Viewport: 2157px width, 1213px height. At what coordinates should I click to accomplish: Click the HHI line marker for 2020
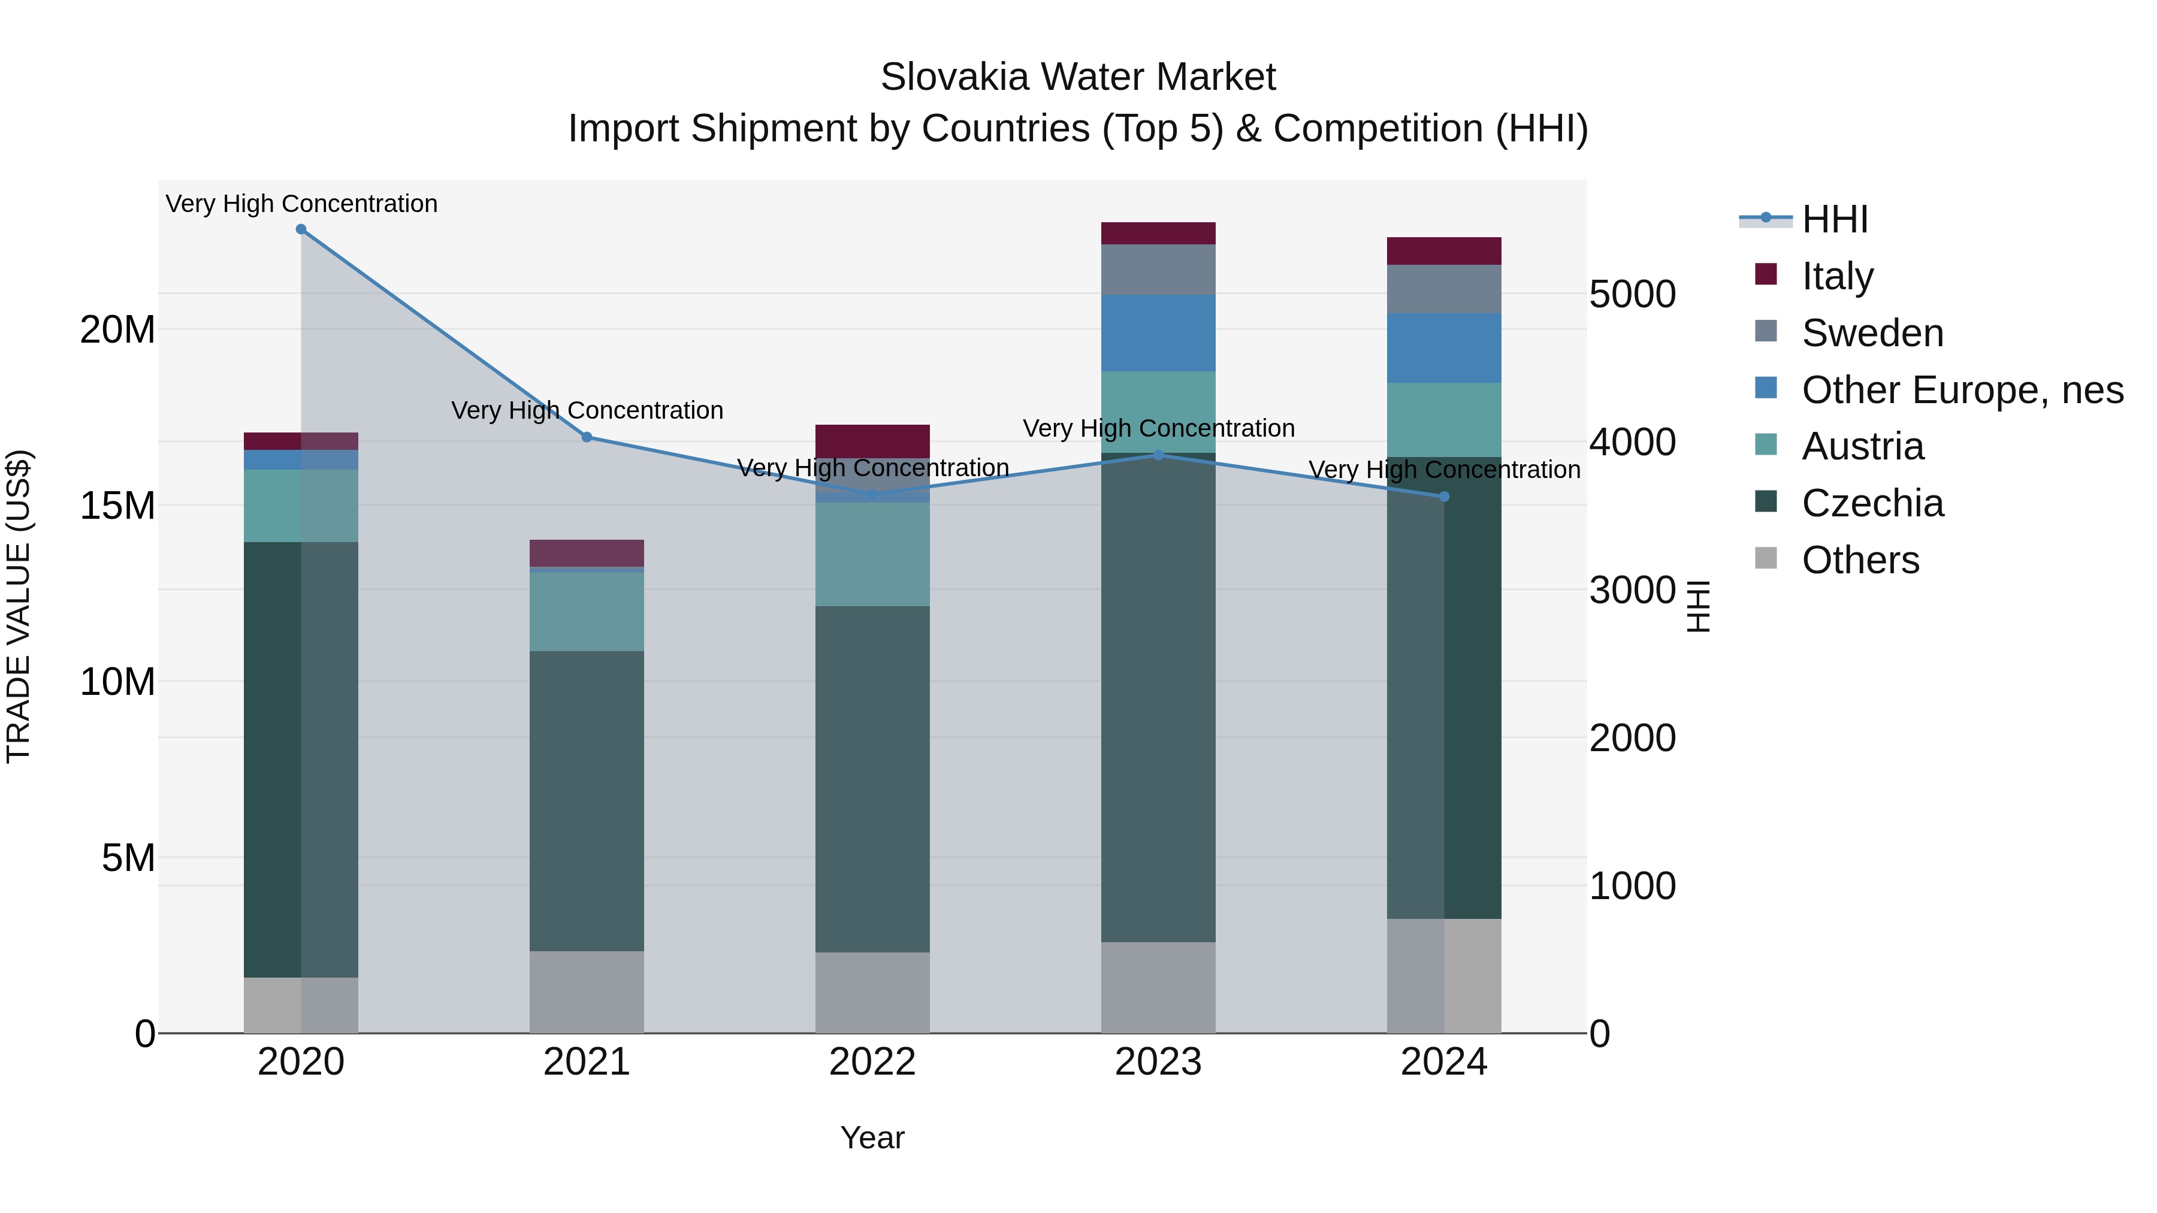coord(301,229)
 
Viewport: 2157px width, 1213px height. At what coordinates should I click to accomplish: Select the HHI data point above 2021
coord(587,437)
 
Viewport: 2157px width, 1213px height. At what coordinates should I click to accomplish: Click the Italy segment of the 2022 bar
coord(872,441)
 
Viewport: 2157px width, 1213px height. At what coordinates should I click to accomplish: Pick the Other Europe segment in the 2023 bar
coord(1158,332)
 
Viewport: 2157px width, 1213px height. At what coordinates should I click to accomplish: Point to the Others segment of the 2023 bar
coord(1158,987)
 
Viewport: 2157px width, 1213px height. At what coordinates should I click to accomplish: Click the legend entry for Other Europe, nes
coord(1962,390)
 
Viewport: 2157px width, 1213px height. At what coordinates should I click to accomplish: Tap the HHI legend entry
coord(1834,219)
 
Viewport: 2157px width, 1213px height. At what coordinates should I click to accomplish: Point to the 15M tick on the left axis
coord(117,506)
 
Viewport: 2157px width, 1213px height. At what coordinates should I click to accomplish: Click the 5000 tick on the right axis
coord(1632,295)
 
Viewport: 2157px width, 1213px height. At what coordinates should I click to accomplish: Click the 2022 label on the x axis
coord(872,1062)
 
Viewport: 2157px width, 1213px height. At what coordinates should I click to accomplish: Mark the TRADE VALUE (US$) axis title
coord(19,606)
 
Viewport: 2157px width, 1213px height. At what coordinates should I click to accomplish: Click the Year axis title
coord(872,1138)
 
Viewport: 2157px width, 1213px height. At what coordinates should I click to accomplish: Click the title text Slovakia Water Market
coord(1078,77)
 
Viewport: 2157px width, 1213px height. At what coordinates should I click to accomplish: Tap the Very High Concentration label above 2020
coord(301,204)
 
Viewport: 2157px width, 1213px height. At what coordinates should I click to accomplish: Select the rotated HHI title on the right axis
coord(1698,606)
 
